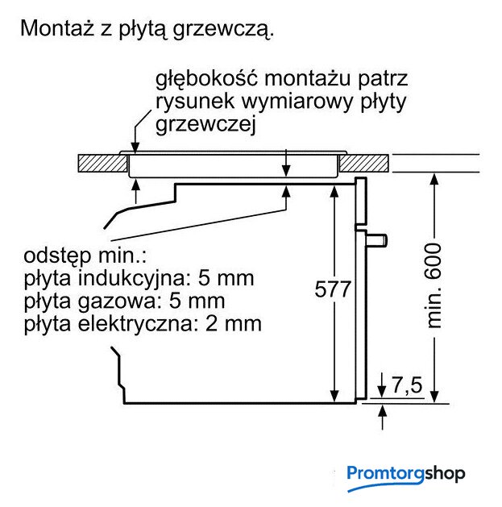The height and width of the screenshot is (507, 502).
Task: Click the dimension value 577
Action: [333, 289]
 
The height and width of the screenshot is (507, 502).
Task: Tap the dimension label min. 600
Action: [434, 286]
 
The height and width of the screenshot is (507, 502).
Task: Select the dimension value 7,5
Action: [407, 384]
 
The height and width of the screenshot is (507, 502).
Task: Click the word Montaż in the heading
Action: [57, 27]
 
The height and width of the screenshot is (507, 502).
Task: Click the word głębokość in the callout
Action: [207, 79]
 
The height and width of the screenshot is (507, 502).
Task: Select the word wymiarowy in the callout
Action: [297, 102]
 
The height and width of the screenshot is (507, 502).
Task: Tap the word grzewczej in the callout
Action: [206, 125]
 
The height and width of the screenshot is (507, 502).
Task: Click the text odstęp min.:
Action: [85, 256]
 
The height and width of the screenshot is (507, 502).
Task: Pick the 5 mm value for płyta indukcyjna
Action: [226, 278]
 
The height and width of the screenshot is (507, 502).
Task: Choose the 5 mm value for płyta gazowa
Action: [197, 301]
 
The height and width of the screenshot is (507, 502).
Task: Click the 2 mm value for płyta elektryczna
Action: [234, 323]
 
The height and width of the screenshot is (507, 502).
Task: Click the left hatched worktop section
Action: [103, 164]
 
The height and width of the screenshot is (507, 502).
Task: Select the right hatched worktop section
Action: [363, 164]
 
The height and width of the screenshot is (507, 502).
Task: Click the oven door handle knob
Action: [376, 240]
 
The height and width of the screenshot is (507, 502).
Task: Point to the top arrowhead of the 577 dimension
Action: [334, 191]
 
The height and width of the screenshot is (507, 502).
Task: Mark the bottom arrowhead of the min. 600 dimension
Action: [435, 397]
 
